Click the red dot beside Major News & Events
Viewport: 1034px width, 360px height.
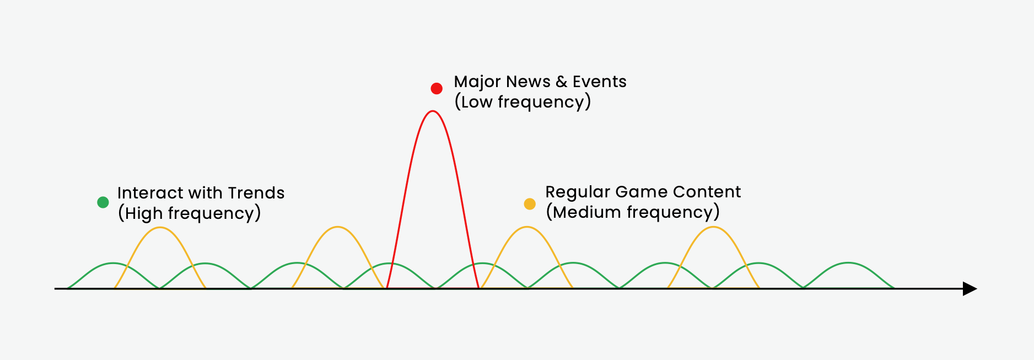[x=437, y=88]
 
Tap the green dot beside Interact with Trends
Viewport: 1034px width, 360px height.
[x=103, y=202]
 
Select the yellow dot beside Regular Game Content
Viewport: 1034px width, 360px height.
[x=530, y=204]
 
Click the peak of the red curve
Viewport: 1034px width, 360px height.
[x=433, y=111]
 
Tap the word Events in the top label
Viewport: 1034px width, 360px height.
[x=599, y=82]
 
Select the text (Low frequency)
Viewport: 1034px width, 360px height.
[x=522, y=102]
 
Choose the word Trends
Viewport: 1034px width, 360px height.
[x=256, y=193]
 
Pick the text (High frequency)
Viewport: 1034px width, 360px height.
[x=189, y=213]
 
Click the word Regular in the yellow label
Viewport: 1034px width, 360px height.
[x=577, y=192]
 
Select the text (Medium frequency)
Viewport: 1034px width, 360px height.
[x=632, y=212]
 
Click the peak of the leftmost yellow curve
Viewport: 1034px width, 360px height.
[x=160, y=227]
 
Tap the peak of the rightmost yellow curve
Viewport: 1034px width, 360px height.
[x=713, y=227]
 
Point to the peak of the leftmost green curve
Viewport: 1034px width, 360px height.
[x=113, y=263]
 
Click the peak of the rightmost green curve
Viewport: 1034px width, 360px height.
[x=848, y=263]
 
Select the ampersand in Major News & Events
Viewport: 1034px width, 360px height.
[x=561, y=82]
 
